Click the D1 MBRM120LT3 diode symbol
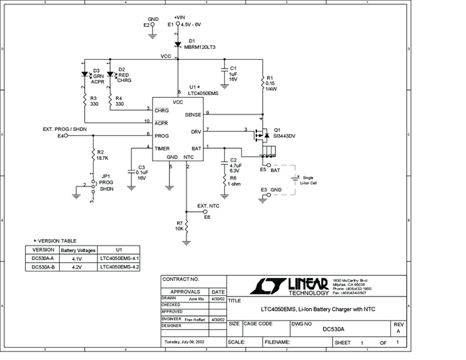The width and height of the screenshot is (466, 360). pos(177,45)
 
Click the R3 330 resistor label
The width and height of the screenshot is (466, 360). pos(94,101)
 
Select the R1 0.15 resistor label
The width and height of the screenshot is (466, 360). pos(271,82)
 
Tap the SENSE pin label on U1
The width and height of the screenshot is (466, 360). pos(193,114)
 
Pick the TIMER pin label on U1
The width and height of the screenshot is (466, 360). pos(162,148)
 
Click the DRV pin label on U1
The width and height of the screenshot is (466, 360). pos(196,132)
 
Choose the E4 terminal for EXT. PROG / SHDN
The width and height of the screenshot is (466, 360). pos(62,135)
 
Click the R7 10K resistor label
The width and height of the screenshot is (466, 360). pos(179,226)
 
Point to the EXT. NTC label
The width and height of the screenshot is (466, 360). pos(209,206)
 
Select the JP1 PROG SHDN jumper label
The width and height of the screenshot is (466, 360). pos(105,184)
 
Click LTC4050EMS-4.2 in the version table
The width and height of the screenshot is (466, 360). pos(119,266)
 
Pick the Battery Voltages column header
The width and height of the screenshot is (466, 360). pos(78,249)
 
